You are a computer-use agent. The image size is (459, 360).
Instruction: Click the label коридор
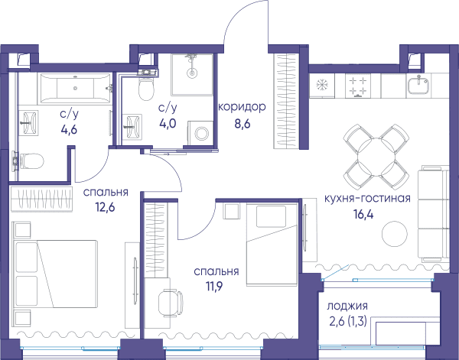242,107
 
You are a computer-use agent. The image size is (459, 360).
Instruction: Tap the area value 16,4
363,214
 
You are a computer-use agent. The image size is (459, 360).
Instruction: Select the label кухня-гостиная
367,199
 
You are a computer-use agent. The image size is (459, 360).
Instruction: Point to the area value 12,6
105,207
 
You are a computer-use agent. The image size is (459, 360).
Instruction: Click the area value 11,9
214,287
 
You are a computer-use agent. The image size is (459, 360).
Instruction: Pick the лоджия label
347,306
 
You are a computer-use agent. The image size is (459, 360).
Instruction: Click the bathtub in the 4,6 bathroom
76,88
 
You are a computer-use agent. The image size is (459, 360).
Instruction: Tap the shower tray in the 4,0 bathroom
192,75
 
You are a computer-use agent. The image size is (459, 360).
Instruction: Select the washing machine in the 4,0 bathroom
200,133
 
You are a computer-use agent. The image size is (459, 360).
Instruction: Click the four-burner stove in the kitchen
358,86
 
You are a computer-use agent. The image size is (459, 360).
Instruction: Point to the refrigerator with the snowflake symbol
322,85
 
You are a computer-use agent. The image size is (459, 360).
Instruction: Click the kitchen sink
418,84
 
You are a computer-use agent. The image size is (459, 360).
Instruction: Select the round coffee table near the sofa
395,234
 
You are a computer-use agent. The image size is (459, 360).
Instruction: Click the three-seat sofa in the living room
433,214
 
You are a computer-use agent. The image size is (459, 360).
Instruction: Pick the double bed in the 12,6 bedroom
56,274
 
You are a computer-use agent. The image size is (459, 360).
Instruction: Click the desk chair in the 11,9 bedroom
171,303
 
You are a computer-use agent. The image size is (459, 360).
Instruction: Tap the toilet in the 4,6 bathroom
28,161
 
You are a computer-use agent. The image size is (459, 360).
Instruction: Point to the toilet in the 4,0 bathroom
146,88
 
